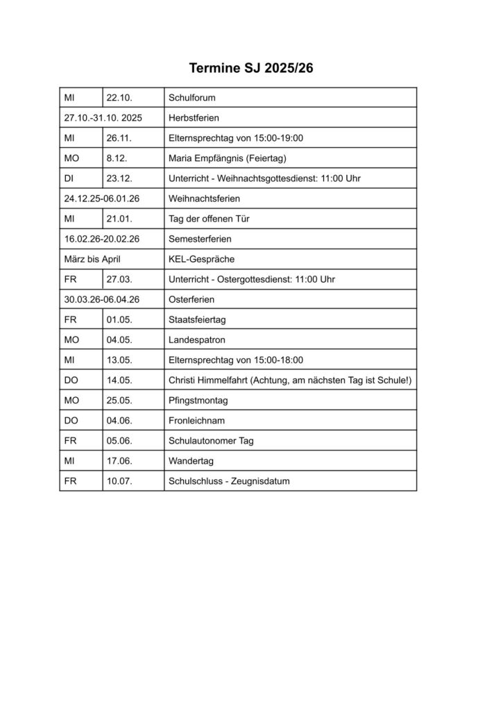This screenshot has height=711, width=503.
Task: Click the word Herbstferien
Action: tap(194, 118)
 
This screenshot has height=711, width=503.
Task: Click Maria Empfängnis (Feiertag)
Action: tap(227, 158)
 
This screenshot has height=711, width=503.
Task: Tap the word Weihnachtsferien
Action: tap(204, 199)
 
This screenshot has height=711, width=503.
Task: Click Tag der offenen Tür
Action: tap(209, 219)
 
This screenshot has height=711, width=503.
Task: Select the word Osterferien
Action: tap(191, 299)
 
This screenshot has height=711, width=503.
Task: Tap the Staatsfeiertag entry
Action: tap(198, 319)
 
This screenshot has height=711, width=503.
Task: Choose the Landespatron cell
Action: tap(196, 340)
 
